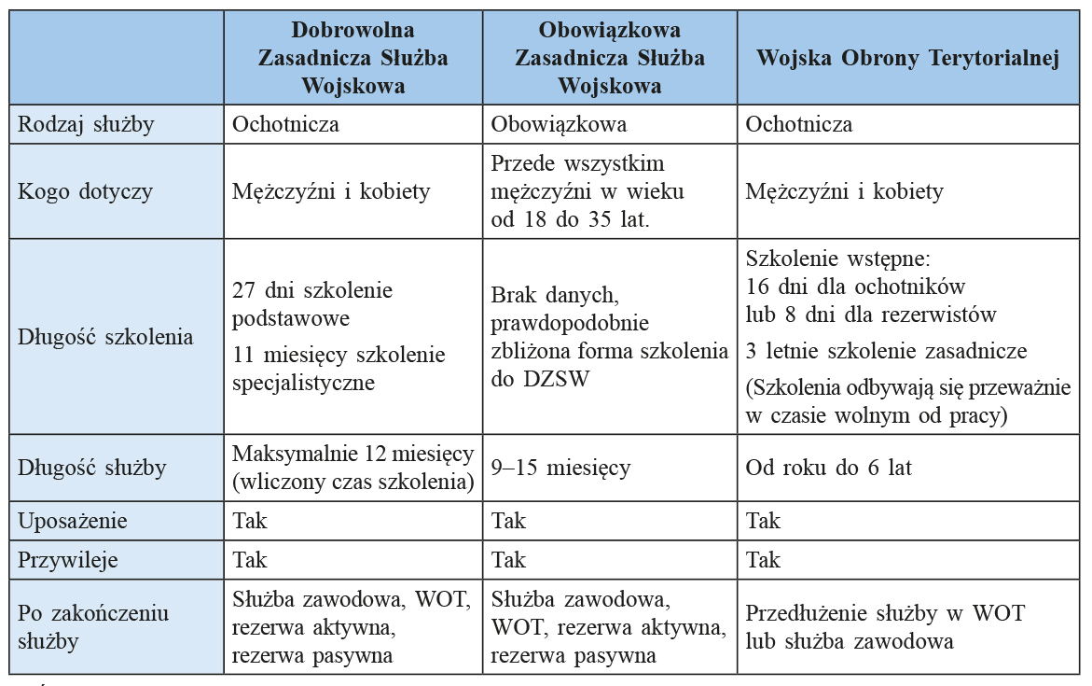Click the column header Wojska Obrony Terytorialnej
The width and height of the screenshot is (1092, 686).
(x=908, y=58)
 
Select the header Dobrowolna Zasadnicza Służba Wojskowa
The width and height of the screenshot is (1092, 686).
(x=352, y=58)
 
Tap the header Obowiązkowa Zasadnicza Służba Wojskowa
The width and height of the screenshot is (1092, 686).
(x=610, y=58)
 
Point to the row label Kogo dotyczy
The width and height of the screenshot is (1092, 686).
(x=85, y=191)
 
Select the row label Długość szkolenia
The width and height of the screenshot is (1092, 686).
(x=105, y=336)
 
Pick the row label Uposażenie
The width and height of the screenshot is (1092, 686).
(x=73, y=521)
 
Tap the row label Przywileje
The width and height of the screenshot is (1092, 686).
(x=68, y=560)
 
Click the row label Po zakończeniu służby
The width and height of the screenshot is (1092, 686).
(x=93, y=626)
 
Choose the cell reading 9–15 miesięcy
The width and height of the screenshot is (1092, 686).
(x=560, y=468)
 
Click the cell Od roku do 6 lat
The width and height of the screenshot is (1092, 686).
(x=828, y=468)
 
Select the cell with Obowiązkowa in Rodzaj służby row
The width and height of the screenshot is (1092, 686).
(x=559, y=124)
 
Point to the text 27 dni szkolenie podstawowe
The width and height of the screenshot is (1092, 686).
(x=312, y=303)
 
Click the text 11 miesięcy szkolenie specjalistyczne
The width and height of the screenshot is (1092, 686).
(x=339, y=369)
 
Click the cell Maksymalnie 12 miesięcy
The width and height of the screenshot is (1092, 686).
(x=352, y=468)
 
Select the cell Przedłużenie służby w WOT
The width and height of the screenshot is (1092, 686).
(x=885, y=626)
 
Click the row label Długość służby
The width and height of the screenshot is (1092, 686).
(x=91, y=468)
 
